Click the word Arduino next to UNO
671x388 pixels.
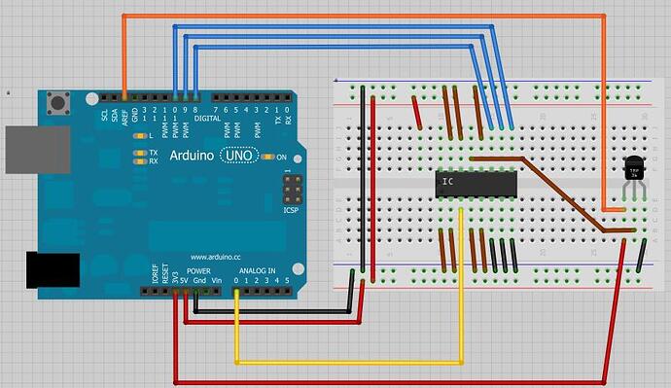(193, 156)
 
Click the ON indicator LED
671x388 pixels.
(268, 157)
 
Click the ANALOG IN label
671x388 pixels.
(258, 269)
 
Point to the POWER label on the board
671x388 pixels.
(198, 269)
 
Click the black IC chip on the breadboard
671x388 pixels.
(475, 182)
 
